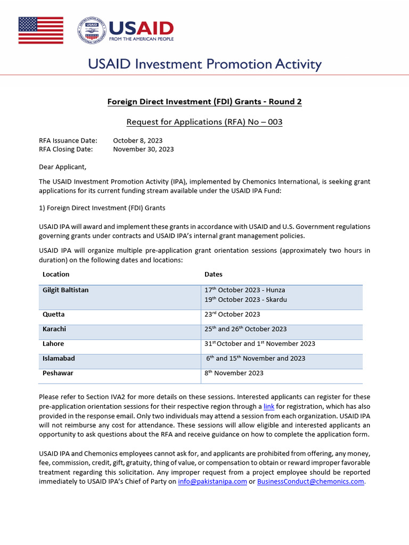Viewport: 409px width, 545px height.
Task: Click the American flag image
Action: tap(41, 30)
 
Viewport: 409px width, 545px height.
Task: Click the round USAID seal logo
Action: tap(91, 30)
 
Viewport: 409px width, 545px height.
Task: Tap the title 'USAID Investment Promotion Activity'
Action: tap(204, 65)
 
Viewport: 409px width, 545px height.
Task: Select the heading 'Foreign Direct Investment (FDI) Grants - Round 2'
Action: tap(204, 102)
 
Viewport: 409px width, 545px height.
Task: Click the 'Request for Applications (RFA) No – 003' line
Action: tap(204, 122)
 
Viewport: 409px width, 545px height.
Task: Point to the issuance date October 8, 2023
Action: tap(137, 141)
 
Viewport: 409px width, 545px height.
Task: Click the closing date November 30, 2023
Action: tap(143, 150)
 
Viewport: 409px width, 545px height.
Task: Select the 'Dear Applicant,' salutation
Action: tap(62, 167)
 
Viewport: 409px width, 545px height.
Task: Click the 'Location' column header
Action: tap(56, 275)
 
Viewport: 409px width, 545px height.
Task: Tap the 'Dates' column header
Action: tap(214, 275)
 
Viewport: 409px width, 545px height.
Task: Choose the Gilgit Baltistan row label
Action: tap(66, 290)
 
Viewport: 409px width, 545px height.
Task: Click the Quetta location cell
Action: tap(53, 315)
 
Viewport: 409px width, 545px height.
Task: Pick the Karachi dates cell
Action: tap(246, 329)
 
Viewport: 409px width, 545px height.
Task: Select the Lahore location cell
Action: tap(53, 344)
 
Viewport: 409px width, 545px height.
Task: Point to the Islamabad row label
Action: tap(59, 358)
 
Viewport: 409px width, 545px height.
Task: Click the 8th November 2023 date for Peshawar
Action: tap(234, 374)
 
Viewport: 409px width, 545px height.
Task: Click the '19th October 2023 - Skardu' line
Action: tap(246, 300)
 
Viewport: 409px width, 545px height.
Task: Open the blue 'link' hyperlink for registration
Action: tap(269, 407)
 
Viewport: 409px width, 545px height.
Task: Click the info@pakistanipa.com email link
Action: tap(212, 482)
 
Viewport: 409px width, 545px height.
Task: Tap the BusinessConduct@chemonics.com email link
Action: tap(310, 482)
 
